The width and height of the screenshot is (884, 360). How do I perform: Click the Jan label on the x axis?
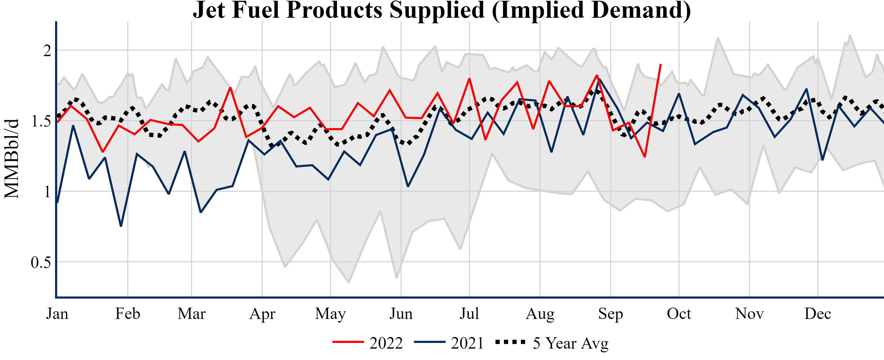point(57,314)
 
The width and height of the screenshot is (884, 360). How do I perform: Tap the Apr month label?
point(262,314)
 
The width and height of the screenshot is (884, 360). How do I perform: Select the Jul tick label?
point(469,314)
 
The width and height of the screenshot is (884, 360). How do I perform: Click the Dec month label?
point(818,314)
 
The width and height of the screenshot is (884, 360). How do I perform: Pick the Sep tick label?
point(611,314)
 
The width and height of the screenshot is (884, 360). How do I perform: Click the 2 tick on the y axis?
point(47,51)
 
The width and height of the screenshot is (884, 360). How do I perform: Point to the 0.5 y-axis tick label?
point(41,263)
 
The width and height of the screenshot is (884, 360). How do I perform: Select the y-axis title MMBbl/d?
point(12,159)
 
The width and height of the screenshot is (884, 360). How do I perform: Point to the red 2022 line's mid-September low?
point(645,156)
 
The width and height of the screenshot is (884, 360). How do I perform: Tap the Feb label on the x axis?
point(128,314)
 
